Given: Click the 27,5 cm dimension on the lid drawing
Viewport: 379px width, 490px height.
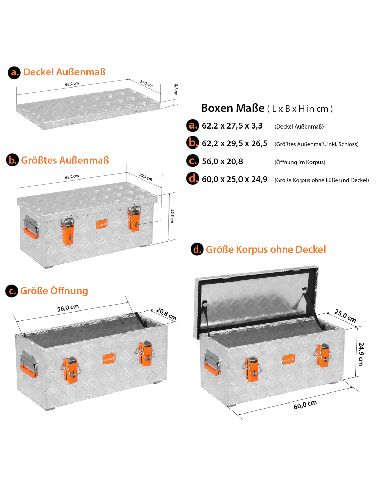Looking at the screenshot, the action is (x=146, y=84).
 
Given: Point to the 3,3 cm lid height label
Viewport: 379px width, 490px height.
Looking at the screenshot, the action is (x=176, y=90).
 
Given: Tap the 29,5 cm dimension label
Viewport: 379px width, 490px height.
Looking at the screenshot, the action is (x=146, y=177).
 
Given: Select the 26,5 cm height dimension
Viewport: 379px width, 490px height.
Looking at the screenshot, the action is (x=172, y=216).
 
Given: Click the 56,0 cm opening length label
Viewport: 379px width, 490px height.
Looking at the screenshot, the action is (x=68, y=308).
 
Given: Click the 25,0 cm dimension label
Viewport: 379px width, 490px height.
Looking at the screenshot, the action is (x=345, y=316).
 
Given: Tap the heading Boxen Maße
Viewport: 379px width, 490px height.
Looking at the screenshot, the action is (x=233, y=108).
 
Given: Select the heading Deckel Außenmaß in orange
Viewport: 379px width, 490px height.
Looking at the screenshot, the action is (x=64, y=72).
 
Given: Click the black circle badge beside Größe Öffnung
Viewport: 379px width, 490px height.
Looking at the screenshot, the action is (x=11, y=291).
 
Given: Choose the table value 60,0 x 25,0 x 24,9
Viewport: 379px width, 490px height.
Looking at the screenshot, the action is (x=235, y=179).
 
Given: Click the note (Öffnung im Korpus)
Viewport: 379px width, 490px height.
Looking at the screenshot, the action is (x=300, y=162).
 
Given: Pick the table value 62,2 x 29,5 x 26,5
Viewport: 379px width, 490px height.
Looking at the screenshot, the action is (x=235, y=143).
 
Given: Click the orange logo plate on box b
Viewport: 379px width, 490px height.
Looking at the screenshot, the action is (x=102, y=224).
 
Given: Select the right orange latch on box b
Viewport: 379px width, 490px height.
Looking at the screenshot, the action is (x=134, y=220).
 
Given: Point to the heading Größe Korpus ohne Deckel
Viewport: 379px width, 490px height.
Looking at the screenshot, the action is (x=266, y=249).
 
